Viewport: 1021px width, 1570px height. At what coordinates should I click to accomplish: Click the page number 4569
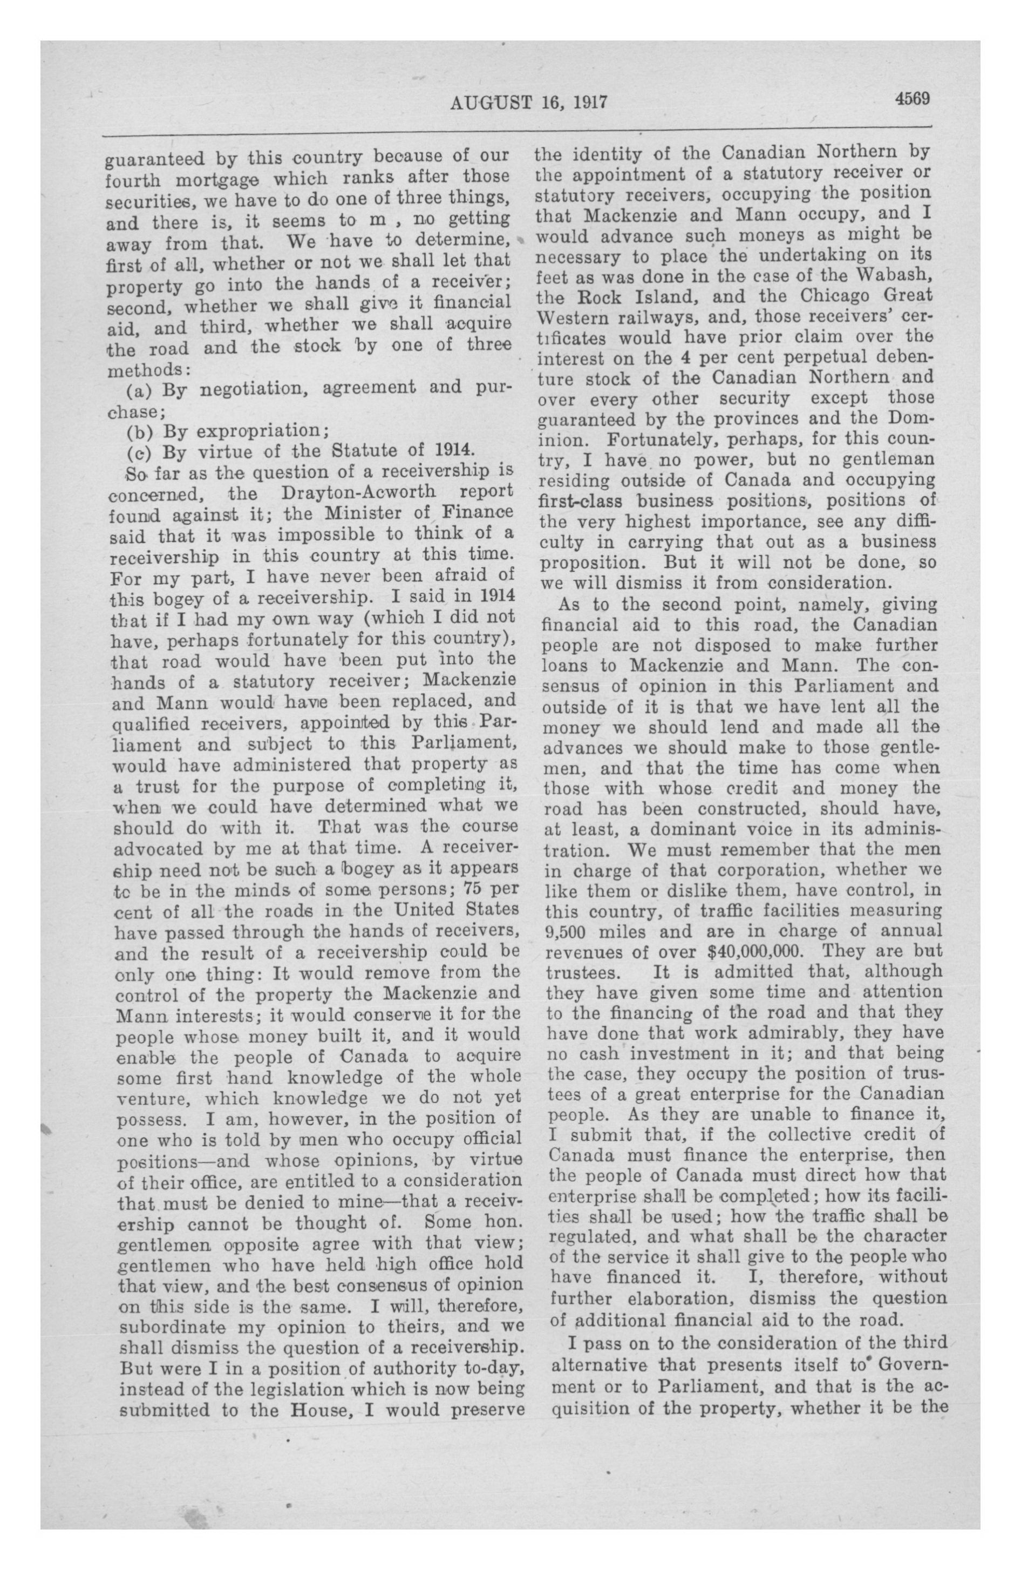coord(912,99)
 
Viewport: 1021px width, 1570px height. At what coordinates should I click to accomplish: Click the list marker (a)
coord(140,390)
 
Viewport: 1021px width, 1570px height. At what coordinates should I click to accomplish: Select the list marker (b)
coord(140,432)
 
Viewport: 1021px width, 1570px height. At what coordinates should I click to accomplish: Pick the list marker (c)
coord(140,453)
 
